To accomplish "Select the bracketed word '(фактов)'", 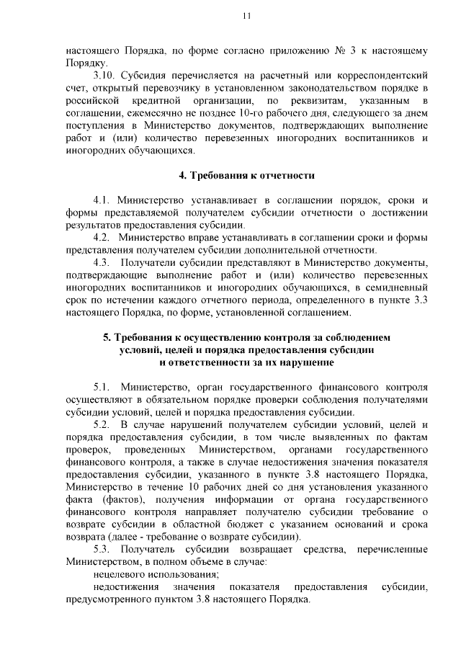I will (x=115, y=499).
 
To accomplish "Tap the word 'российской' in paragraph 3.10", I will (x=90, y=99).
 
